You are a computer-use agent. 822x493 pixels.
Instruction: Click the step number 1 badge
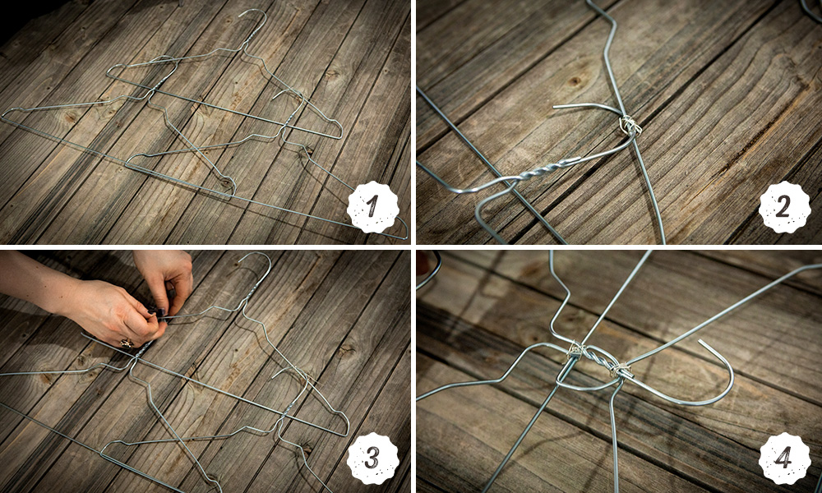372,207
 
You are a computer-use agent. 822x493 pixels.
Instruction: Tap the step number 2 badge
784,207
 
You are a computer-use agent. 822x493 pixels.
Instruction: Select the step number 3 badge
372,458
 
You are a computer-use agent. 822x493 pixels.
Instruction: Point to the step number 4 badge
784,458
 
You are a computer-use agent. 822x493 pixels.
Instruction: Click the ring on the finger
127,343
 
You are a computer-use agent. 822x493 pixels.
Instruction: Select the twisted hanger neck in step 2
545,168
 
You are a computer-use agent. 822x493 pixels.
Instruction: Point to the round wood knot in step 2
575,81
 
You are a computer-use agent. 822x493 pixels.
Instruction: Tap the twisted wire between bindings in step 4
595,361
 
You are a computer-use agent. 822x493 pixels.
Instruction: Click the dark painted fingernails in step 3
157,312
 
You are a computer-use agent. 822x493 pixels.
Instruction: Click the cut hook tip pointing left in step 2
556,107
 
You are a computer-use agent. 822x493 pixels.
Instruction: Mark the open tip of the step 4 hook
700,341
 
